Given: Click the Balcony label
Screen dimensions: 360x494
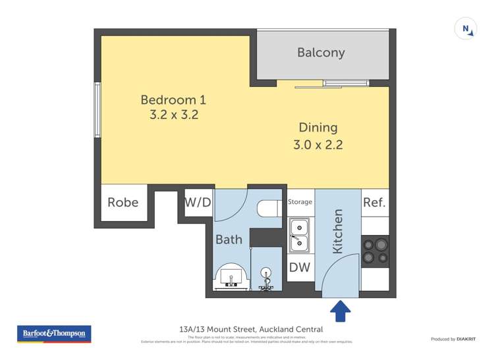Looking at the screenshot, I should pyautogui.click(x=321, y=53).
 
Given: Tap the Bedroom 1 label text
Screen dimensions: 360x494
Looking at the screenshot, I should pyautogui.click(x=173, y=100).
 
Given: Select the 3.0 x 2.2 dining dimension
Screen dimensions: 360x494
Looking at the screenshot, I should pyautogui.click(x=318, y=144).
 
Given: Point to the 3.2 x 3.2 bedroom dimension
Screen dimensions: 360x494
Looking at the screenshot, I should pyautogui.click(x=173, y=115).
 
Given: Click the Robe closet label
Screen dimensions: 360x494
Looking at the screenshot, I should pyautogui.click(x=123, y=202).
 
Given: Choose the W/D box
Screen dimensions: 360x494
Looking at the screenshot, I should pyautogui.click(x=198, y=202).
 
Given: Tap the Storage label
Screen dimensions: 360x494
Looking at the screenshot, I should pyautogui.click(x=300, y=202).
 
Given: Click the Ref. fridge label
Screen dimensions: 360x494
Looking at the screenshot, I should pyautogui.click(x=374, y=202).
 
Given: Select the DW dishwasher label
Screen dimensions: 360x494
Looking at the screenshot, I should pyautogui.click(x=299, y=268).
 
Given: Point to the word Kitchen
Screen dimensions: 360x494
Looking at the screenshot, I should pyautogui.click(x=338, y=231).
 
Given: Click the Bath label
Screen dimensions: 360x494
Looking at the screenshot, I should pyautogui.click(x=229, y=240).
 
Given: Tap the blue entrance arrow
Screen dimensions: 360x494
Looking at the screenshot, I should pyautogui.click(x=340, y=311).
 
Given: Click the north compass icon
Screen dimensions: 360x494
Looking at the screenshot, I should pyautogui.click(x=466, y=29).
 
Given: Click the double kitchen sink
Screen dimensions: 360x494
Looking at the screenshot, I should pyautogui.click(x=300, y=235).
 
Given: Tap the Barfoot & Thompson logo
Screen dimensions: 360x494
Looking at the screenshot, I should pyautogui.click(x=54, y=334).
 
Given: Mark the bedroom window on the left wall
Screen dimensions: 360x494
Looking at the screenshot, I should pyautogui.click(x=97, y=110).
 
